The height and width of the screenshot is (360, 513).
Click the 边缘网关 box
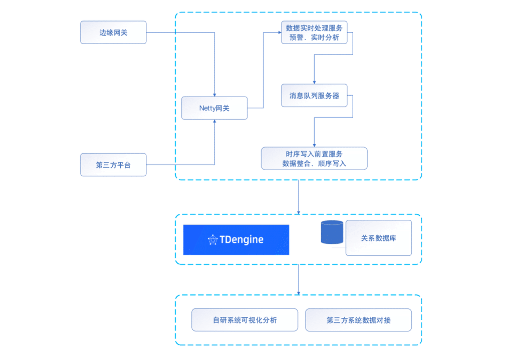click(113, 33)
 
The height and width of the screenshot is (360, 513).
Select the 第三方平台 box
click(113, 165)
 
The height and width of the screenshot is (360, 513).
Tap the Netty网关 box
click(214, 108)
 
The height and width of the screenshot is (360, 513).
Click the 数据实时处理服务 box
click(314, 32)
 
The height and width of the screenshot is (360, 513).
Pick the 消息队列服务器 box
click(314, 95)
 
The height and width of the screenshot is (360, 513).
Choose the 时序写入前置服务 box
click(314, 158)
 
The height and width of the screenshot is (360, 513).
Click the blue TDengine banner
click(236, 240)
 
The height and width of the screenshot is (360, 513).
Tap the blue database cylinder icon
click(332, 233)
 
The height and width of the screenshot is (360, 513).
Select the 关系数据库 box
click(378, 238)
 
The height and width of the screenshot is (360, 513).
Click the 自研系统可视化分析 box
click(244, 320)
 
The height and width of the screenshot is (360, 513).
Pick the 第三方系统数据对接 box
click(358, 320)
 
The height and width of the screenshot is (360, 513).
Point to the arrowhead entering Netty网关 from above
click(214, 94)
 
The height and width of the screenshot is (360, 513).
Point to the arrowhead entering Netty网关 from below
click(214, 122)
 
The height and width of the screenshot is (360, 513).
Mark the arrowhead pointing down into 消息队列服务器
click(314, 82)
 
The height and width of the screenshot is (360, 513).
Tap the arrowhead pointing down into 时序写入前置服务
click(314, 145)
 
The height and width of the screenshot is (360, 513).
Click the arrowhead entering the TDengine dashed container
click(299, 212)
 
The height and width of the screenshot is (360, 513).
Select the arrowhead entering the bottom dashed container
click(299, 292)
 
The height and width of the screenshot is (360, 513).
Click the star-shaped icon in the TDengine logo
click(212, 240)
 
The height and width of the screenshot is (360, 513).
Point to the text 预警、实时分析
click(314, 37)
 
